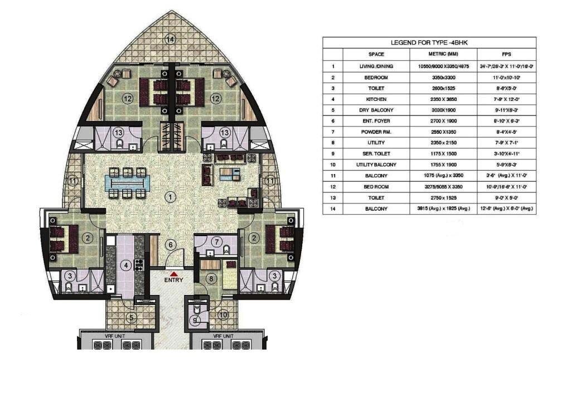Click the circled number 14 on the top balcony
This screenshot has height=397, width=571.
pos(171,38)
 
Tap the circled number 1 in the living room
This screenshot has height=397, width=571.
pos(171,196)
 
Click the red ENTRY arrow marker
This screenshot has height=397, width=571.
pos(174,274)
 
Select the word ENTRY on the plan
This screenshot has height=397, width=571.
pos(174,280)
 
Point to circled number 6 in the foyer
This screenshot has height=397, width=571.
pos(172,245)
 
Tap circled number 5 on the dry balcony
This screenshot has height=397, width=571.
pos(131,318)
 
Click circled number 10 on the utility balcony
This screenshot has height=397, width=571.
pos(222,315)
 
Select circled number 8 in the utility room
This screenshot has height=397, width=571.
pos(211,278)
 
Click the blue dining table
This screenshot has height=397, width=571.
pos(127,182)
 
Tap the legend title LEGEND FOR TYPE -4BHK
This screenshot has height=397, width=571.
pos(429,42)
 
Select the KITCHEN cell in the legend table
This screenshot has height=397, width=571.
pos(376,99)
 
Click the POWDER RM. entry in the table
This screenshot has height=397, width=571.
pos(376,132)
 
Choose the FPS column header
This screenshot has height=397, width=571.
pos(506,54)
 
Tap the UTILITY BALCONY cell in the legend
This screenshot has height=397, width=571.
pos(376,164)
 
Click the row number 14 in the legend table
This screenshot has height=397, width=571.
pos(332,209)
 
